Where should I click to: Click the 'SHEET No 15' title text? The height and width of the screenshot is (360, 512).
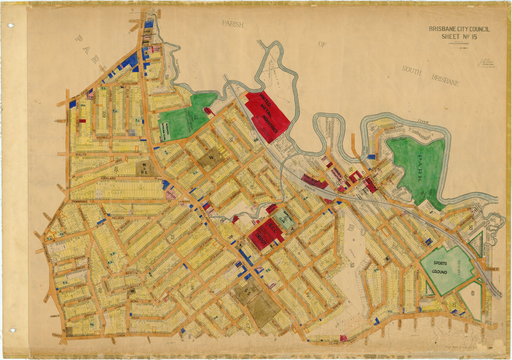click(x=459, y=37)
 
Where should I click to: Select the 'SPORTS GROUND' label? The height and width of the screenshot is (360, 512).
click(x=440, y=267)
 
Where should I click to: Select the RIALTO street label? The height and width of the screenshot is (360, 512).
click(x=81, y=154)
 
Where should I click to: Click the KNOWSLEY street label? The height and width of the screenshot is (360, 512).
click(x=105, y=138)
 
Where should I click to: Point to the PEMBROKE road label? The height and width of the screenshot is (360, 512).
click(x=79, y=202)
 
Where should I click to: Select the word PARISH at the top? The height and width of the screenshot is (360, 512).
click(x=233, y=24)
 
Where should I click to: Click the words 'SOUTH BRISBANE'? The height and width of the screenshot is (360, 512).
click(x=430, y=76)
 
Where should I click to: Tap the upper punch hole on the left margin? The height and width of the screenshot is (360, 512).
click(x=12, y=25)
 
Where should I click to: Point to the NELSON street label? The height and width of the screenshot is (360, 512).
click(x=118, y=218)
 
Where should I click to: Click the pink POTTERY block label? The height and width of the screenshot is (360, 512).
click(x=171, y=192)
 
